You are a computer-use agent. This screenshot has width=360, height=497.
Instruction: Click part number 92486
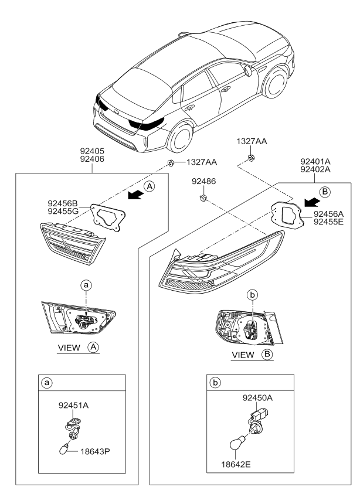pos(204,182)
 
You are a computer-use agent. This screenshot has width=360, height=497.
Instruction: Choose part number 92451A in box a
pos(74,404)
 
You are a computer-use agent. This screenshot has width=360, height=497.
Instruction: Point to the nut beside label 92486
pos(202,199)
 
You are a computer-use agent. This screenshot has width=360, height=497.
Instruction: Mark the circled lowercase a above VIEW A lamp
pos(87,285)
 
